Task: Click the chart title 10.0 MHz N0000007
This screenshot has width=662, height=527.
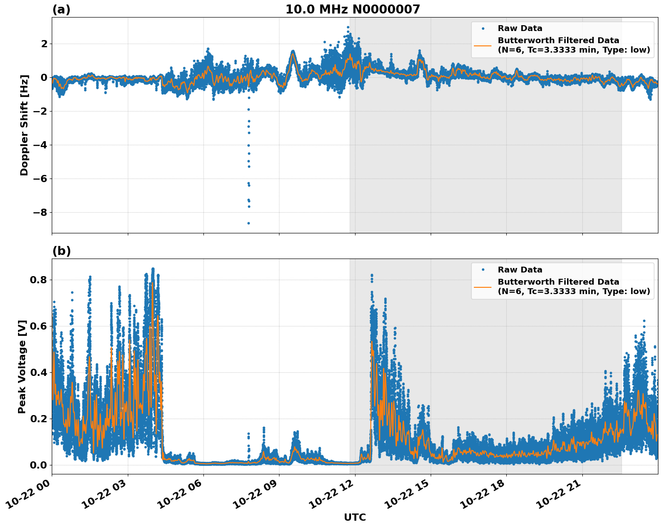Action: pyautogui.click(x=352, y=9)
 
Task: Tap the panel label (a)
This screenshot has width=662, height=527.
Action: pyautogui.click(x=61, y=9)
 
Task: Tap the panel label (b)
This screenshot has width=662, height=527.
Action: pyautogui.click(x=61, y=251)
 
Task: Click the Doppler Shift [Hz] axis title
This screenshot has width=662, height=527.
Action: pyautogui.click(x=24, y=125)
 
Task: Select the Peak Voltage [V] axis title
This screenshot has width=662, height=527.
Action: pyautogui.click(x=22, y=366)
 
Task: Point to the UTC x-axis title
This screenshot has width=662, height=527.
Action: pyautogui.click(x=355, y=518)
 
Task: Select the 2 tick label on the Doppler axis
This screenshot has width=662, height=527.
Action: pyautogui.click(x=44, y=44)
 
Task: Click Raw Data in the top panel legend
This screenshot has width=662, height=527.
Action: pyautogui.click(x=520, y=29)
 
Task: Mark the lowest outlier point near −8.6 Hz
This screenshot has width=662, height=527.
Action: pyautogui.click(x=248, y=223)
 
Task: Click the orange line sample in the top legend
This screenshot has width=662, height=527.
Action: pyautogui.click(x=483, y=45)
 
